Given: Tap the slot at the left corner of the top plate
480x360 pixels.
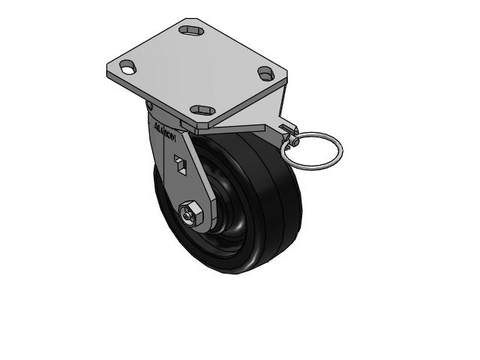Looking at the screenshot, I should point(128,68).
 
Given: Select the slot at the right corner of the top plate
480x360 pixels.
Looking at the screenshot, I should point(266,73).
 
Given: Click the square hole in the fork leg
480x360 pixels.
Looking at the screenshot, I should point(180,163).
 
